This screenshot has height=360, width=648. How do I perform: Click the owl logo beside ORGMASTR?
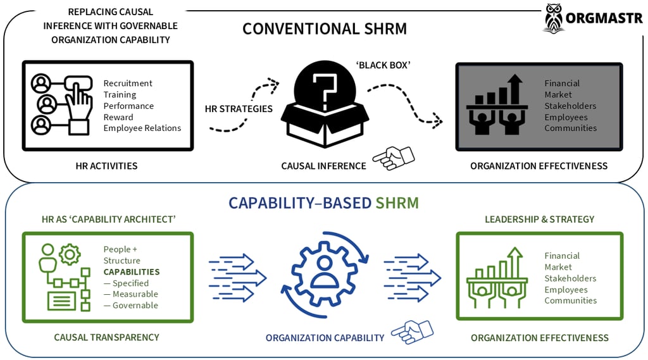pos(554,18)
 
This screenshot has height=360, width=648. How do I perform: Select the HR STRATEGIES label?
pos(239,108)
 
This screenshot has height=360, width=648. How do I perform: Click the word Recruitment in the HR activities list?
pos(128,83)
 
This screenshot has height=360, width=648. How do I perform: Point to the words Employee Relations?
pos(142,128)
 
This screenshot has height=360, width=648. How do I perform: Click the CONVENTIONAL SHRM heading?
pos(324,28)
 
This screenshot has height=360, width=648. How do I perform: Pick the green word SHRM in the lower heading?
pos(397,202)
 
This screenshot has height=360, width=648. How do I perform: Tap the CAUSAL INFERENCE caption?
pos(323,166)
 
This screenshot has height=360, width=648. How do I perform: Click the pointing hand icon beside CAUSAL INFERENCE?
pos(393,158)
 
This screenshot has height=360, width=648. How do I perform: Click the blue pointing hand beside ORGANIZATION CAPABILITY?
pos(411,331)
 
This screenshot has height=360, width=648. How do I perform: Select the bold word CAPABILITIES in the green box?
pos(132,272)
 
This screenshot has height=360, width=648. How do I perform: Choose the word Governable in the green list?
pos(135,305)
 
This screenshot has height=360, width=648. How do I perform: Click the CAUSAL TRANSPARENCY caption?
pos(106,337)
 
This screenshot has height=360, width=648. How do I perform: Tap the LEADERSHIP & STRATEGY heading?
pos(539,219)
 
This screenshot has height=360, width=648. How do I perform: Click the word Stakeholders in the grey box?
pos(570,106)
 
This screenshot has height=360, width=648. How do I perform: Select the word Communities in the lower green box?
pos(570,301)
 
